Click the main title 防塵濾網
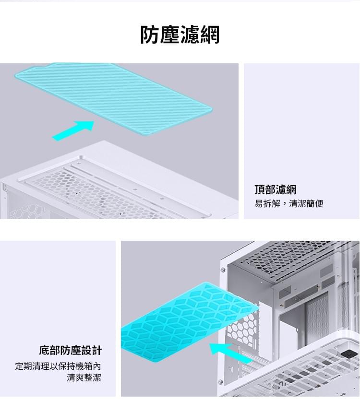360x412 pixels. pyautogui.click(x=180, y=35)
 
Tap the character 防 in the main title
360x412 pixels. pyautogui.click(x=150, y=35)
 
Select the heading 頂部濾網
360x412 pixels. pyautogui.click(x=275, y=189)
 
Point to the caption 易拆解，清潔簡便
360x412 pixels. pyautogui.click(x=288, y=204)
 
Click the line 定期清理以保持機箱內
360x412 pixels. pyautogui.click(x=58, y=366)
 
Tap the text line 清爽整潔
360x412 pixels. pyautogui.click(x=84, y=378)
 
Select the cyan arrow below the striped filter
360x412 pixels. pyautogui.click(x=73, y=130)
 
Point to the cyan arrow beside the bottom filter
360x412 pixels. pyautogui.click(x=230, y=353)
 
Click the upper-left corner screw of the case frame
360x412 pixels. pyautogui.click(x=223, y=270)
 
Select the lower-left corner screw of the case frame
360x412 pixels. pyautogui.click(x=220, y=382)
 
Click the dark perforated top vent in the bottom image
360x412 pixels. pyautogui.click(x=288, y=259)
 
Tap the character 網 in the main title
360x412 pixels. pyautogui.click(x=210, y=35)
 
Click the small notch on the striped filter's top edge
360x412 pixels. pyautogui.click(x=48, y=64)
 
